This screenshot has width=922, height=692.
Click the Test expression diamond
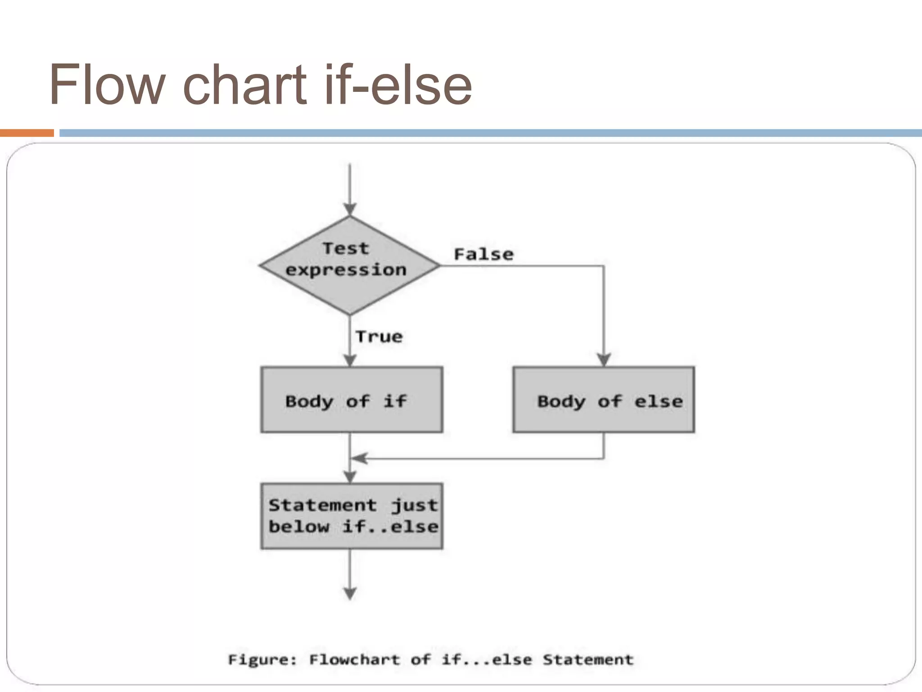350,265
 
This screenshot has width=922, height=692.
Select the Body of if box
352,400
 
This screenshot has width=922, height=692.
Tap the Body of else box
603,400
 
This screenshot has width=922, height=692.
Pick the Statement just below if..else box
352,516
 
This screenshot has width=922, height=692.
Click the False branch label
484,255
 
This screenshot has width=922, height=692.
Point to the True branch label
379,337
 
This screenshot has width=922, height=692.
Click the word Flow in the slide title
106,85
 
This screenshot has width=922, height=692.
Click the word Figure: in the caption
262,660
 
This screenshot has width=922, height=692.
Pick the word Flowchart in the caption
354,660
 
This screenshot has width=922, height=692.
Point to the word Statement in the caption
588,660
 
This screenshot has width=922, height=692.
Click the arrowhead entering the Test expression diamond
350,209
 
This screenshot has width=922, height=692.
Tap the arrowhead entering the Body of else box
604,360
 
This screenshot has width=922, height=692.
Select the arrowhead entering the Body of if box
350,360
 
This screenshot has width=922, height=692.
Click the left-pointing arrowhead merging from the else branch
358,459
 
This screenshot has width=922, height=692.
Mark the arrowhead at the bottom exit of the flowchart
350,594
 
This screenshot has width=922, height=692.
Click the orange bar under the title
27,133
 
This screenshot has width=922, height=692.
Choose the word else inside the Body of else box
658,401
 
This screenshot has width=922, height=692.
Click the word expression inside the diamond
346,270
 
